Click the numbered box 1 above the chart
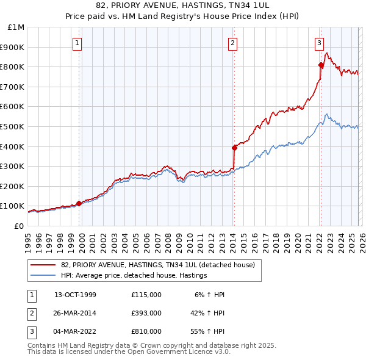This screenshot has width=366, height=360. click(x=79, y=43)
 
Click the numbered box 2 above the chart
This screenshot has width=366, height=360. click(x=233, y=43)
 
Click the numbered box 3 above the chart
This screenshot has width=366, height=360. click(x=319, y=43)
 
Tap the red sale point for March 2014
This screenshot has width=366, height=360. click(x=234, y=147)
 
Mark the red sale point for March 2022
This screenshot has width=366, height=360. click(x=321, y=65)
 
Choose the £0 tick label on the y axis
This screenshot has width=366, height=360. click(x=19, y=226)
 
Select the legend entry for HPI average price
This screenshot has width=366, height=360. click(x=134, y=276)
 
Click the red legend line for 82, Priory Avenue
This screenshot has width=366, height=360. click(x=44, y=265)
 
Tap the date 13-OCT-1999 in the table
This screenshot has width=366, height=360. click(x=75, y=295)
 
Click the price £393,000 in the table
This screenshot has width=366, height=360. click(x=146, y=313)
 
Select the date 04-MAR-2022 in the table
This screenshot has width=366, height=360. click(x=75, y=331)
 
